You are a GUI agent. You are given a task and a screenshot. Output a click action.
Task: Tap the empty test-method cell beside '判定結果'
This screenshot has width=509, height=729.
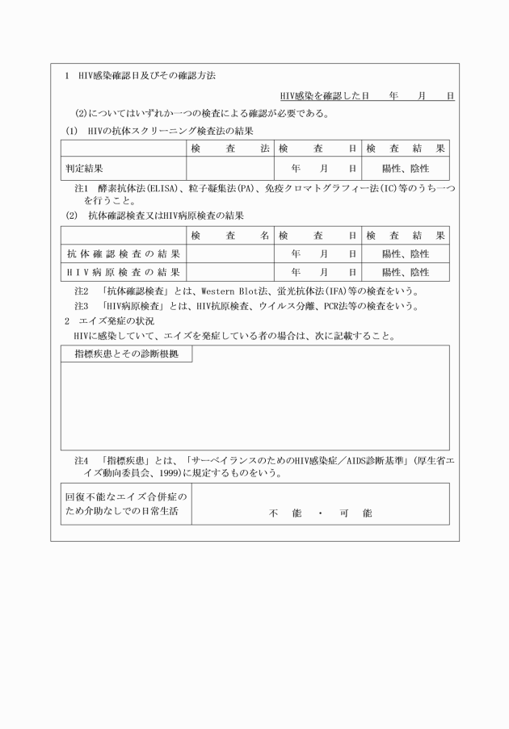229,169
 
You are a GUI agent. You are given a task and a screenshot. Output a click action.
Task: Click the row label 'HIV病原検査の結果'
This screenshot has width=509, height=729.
123,273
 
